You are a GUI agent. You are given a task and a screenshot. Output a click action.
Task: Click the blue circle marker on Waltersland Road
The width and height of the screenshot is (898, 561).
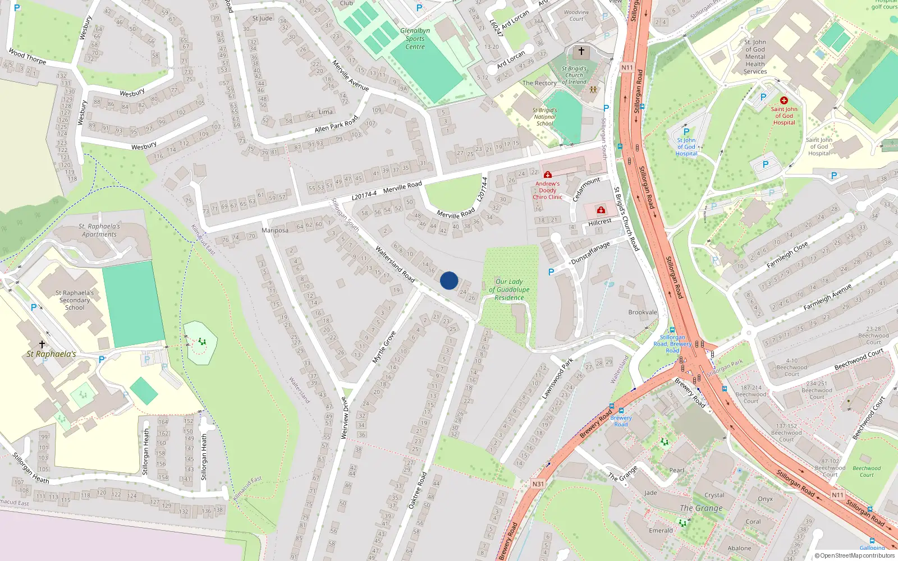449,280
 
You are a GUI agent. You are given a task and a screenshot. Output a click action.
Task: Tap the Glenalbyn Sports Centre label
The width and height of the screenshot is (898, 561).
415,39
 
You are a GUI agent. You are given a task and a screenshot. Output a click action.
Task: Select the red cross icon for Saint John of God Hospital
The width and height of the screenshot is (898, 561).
784,100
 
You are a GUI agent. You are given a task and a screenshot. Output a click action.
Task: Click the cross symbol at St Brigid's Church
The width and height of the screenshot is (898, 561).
581,52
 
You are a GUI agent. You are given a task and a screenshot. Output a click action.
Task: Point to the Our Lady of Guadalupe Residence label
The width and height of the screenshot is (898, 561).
509,289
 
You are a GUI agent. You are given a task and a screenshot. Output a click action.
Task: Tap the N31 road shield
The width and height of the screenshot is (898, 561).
538,484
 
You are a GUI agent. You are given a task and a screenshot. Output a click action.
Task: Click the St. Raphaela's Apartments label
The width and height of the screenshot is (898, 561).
99,231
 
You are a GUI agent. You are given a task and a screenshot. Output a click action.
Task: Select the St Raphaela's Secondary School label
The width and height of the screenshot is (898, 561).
75,300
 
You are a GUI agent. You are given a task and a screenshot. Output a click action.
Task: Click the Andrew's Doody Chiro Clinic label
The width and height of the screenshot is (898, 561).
547,190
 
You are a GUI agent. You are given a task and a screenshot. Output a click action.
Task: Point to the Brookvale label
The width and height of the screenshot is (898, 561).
643,312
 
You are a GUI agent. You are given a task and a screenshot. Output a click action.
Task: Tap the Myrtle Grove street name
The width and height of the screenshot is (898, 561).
384,347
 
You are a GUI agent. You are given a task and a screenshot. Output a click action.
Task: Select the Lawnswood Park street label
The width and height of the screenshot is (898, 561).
557,379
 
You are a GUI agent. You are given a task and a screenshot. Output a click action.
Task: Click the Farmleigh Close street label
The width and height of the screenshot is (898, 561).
787,255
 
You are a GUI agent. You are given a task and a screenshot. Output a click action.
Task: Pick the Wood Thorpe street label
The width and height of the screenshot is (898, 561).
27,56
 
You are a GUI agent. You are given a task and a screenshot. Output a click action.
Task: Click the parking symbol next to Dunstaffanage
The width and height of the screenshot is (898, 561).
551,272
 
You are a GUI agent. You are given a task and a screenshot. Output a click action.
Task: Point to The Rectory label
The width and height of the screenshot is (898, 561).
539,83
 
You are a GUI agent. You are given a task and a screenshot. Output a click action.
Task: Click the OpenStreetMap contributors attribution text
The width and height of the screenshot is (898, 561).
855,556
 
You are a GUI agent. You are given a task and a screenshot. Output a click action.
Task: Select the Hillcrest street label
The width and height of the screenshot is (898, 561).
600,222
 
